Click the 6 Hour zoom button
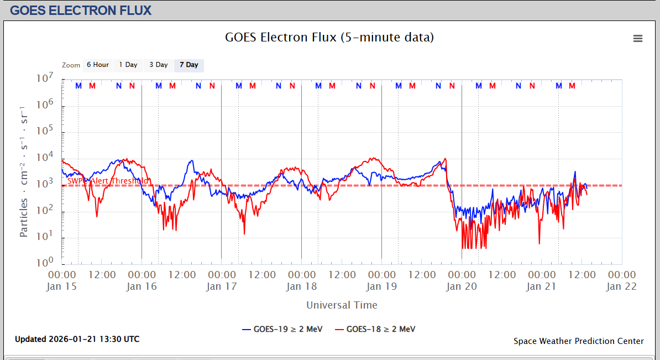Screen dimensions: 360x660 pos(97,65)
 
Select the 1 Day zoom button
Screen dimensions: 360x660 pos(128,65)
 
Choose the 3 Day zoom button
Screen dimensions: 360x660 pos(158,65)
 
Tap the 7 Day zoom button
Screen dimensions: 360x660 pos(188,65)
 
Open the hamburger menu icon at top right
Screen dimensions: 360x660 pos(638,38)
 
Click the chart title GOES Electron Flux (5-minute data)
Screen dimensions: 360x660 pos(329,38)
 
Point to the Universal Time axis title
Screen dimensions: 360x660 pos(342,305)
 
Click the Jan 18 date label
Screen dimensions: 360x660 pos(301,286)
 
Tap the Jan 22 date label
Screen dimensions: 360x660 pos(621,286)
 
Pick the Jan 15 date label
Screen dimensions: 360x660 pos(62,286)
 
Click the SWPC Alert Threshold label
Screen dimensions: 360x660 pos(108,181)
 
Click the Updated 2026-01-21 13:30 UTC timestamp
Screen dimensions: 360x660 pos(77,339)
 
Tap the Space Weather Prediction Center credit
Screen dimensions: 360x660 pos(578,341)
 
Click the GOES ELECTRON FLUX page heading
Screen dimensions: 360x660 pos(81,10)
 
